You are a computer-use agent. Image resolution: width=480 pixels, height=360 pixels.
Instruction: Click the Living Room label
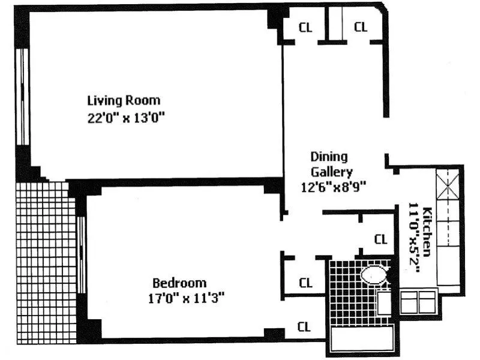tap(124, 100)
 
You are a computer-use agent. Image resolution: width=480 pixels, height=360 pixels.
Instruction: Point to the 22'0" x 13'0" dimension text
tap(125, 118)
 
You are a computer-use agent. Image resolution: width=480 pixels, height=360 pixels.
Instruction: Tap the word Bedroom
tap(179, 283)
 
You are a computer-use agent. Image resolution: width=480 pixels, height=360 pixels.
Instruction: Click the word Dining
tap(329, 157)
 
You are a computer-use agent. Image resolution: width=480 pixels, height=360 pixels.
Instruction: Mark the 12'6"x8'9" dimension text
tap(333, 187)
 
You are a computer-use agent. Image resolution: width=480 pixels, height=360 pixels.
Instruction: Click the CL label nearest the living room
tap(305, 27)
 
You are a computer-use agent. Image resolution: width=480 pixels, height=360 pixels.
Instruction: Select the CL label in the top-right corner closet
tap(360, 27)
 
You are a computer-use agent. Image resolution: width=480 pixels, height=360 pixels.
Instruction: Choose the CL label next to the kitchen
tap(380, 239)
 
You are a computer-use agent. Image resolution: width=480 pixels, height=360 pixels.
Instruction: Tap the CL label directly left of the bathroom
tap(305, 282)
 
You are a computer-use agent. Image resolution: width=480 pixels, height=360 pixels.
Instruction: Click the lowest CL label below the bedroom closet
tap(305, 328)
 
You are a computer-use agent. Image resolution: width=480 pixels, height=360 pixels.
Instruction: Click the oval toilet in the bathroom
tap(374, 275)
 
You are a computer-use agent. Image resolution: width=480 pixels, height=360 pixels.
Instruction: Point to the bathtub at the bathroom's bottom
tap(361, 341)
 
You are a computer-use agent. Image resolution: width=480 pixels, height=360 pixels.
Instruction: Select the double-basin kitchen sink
tap(418, 301)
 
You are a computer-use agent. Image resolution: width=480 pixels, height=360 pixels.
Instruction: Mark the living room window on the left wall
tap(23, 96)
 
